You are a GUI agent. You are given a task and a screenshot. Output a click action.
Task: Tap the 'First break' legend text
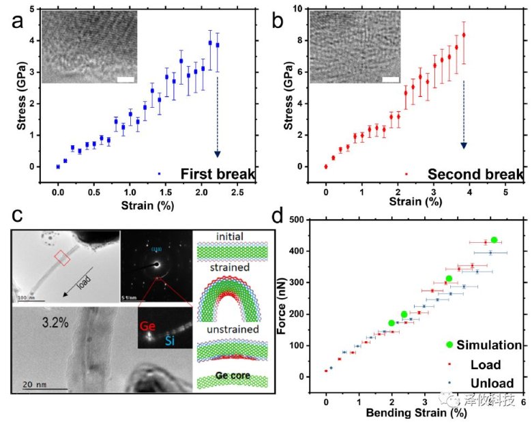[218, 175]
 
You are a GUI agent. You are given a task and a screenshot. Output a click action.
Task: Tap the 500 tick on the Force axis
[313, 220]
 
